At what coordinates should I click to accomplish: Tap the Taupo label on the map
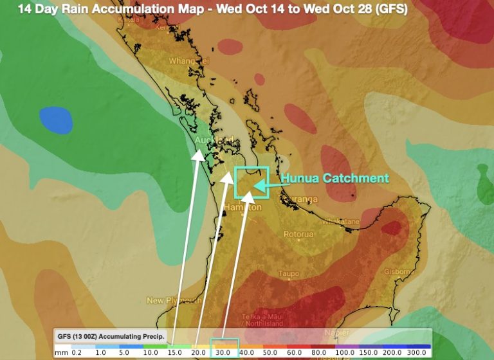pyautogui.click(x=288, y=274)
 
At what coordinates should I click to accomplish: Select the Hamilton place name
pyautogui.click(x=244, y=208)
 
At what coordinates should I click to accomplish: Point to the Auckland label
pyautogui.click(x=215, y=139)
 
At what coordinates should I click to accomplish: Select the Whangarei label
pyautogui.click(x=189, y=61)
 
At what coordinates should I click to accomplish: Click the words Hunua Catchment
pyautogui.click(x=334, y=177)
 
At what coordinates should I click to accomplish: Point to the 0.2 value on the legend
pyautogui.click(x=77, y=353)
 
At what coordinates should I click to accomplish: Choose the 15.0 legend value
pyautogui.click(x=175, y=353)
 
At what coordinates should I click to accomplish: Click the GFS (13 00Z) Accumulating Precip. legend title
pyautogui.click(x=111, y=336)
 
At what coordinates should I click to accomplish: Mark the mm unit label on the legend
pyautogui.click(x=60, y=353)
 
